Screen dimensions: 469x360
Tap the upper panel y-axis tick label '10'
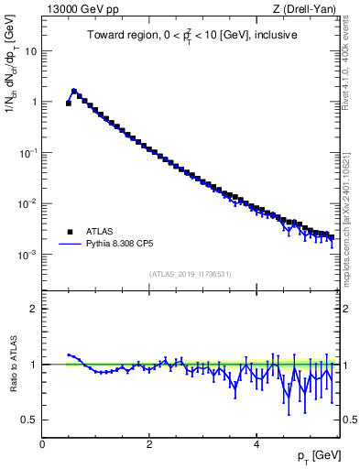(x=31, y=51)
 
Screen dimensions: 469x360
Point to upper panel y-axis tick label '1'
(x=34, y=103)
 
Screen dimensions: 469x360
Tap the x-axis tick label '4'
(x=256, y=443)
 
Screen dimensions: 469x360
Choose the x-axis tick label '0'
(x=42, y=443)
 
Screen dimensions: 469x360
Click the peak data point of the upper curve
(x=74, y=92)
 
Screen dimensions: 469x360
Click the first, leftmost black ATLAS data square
(x=69, y=104)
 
